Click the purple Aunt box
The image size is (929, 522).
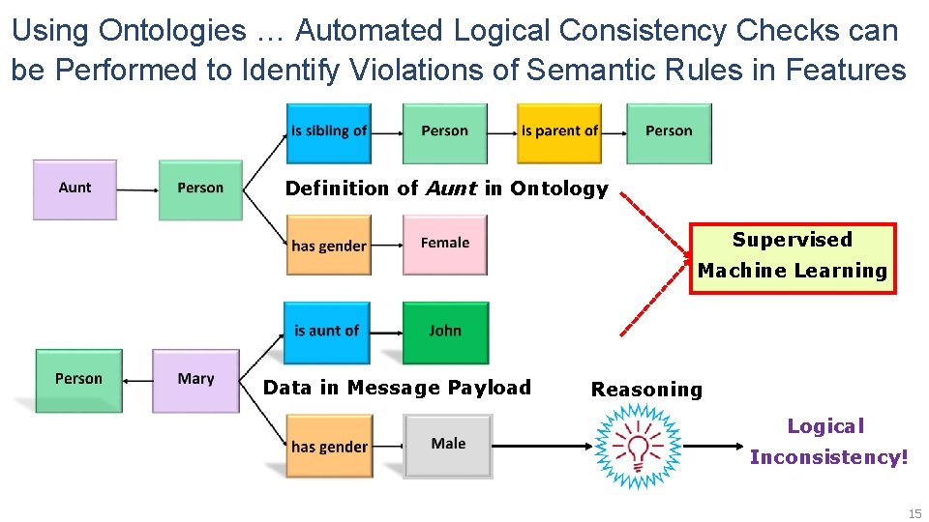point(75,189)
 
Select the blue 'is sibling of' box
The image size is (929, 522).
point(328,132)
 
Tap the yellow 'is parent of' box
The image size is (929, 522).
point(559,132)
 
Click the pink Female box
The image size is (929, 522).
point(444,245)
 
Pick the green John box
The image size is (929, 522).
point(445,332)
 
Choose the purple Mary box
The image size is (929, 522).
point(195,380)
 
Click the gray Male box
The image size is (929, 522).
point(448,445)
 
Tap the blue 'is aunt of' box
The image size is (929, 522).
point(326,332)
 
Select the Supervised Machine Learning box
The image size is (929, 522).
point(793,257)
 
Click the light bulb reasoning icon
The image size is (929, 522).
point(638,447)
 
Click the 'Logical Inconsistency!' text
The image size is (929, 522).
point(828,442)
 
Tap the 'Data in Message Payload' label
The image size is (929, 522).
point(397,389)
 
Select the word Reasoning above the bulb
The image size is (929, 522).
point(646,391)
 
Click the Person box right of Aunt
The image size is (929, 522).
point(200,189)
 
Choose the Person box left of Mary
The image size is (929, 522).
point(78,380)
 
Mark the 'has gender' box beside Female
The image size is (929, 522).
point(328,246)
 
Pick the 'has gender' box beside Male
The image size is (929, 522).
point(328,447)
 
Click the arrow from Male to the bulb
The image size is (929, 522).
point(542,446)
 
